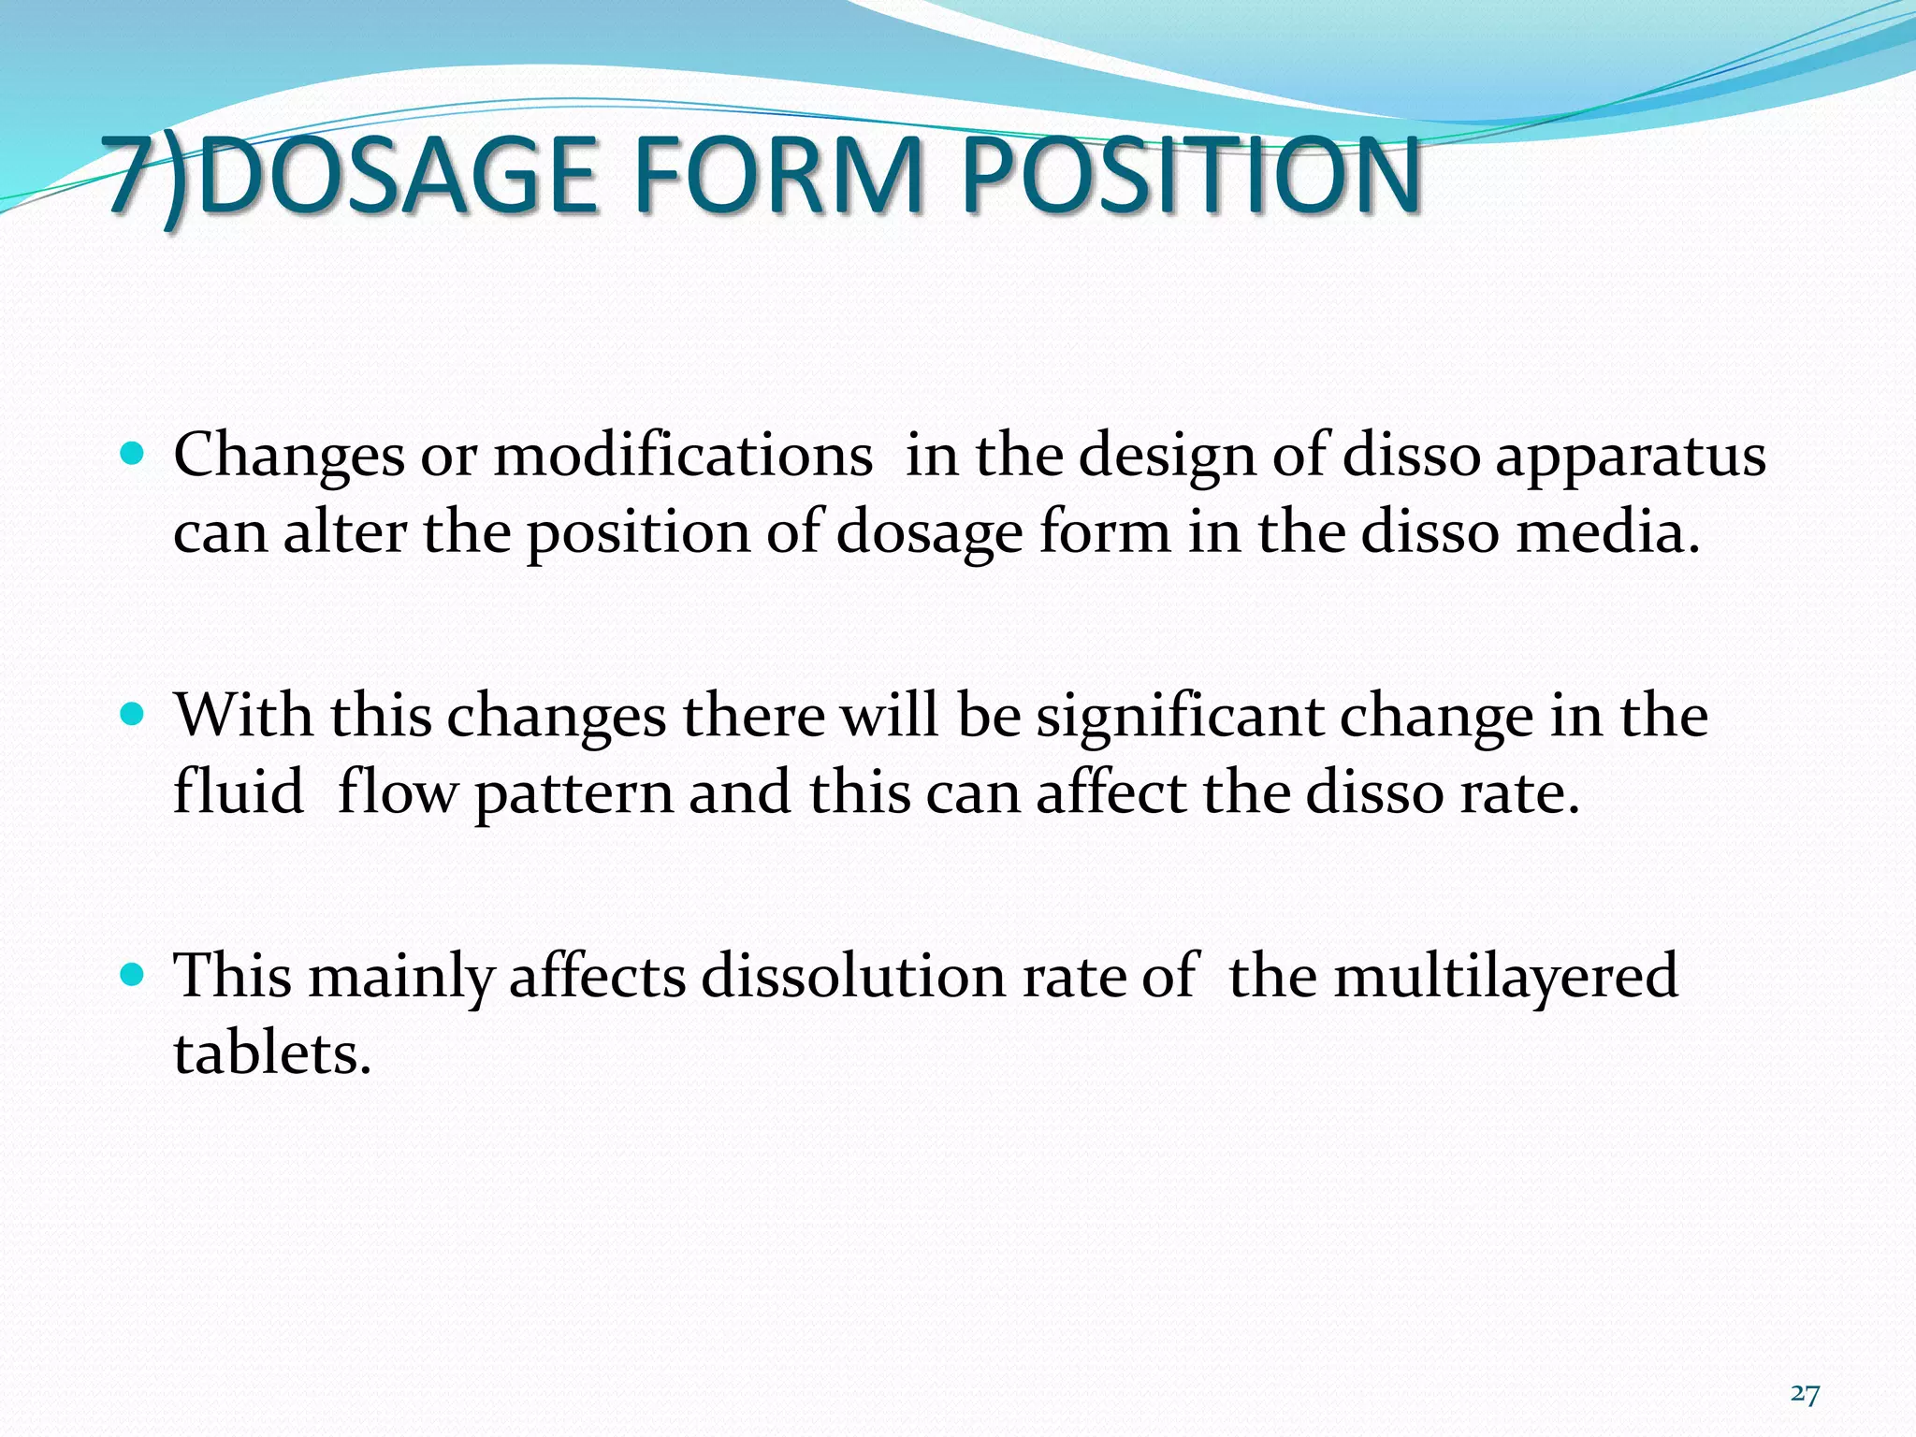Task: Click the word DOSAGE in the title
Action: click(398, 175)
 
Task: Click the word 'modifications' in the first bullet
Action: click(682, 456)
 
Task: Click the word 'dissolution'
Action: click(852, 976)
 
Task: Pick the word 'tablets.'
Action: click(272, 1053)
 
